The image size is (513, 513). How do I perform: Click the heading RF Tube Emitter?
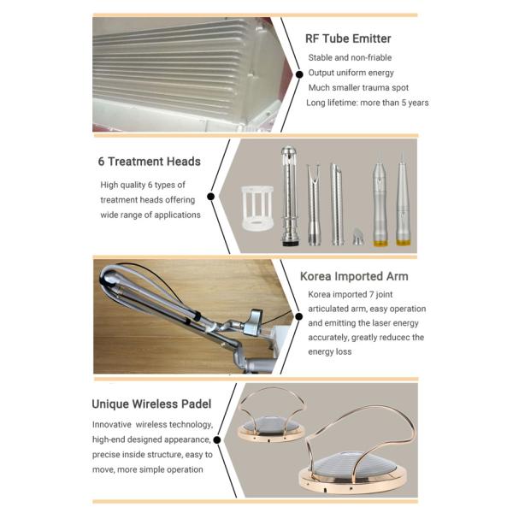[348, 38]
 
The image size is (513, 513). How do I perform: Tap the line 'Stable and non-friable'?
[350, 57]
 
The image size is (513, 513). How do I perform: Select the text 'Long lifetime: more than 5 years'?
[368, 103]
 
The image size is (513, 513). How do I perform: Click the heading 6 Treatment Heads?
[149, 162]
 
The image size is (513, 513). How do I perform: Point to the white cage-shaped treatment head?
[257, 208]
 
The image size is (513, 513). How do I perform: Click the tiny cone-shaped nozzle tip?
[358, 236]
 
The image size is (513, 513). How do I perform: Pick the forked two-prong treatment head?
[314, 204]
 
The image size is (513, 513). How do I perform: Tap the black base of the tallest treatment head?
[291, 243]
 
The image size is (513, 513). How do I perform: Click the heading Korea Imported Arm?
[354, 276]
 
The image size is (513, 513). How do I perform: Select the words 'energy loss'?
[330, 351]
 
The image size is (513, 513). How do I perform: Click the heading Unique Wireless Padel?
[151, 404]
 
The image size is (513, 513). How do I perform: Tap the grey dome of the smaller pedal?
[270, 425]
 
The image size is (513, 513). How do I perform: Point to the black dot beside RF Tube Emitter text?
[299, 74]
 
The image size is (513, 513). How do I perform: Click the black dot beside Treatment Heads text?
[211, 197]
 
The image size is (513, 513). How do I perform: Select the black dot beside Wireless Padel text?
[217, 440]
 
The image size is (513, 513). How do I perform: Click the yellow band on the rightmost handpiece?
[403, 243]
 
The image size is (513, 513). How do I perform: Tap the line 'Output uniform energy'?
[351, 73]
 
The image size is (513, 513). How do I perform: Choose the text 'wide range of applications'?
[150, 215]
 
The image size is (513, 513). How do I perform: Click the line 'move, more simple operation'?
[148, 469]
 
